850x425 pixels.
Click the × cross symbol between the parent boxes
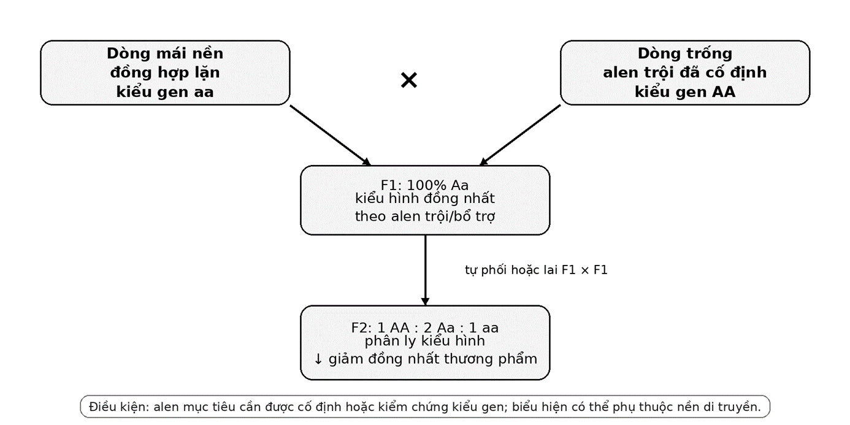(408, 80)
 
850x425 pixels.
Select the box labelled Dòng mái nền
(165, 72)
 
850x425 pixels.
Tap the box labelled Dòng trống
(685, 72)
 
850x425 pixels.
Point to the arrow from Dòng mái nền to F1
(330, 135)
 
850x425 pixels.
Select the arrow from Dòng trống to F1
(520, 135)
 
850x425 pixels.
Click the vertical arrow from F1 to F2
(425, 270)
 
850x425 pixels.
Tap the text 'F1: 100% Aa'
(424, 185)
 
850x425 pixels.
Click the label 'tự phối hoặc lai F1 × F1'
(536, 270)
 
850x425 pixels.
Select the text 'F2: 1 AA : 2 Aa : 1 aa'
(424, 328)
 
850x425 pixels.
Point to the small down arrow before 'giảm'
(318, 359)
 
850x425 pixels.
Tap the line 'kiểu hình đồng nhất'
(425, 199)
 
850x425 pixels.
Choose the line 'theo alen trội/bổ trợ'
(425, 216)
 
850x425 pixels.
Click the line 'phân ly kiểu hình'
(425, 341)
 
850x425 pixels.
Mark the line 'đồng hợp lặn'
(165, 72)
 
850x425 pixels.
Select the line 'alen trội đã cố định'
(685, 72)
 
